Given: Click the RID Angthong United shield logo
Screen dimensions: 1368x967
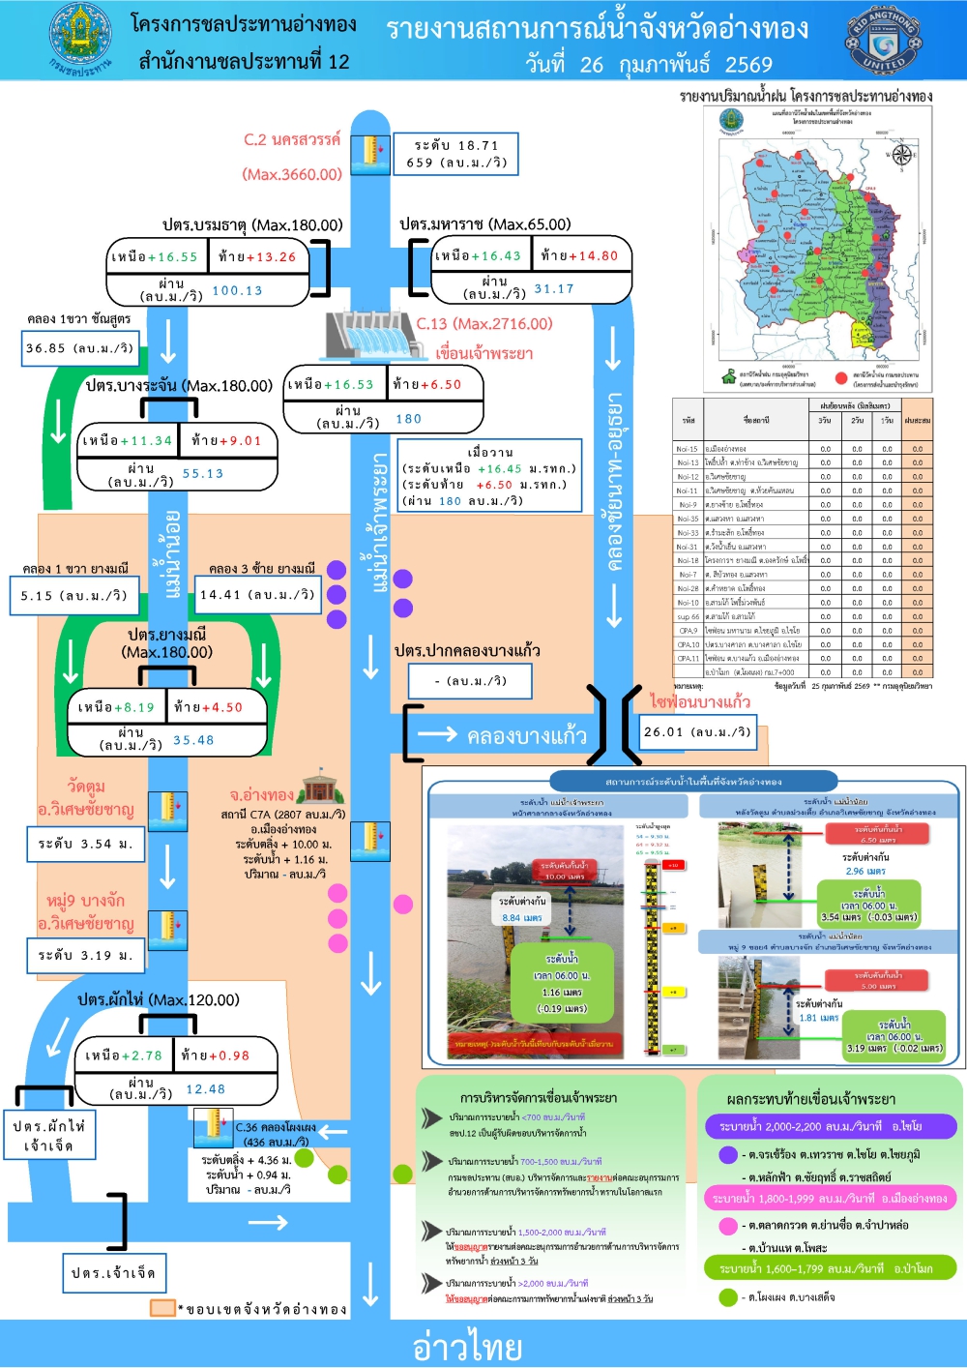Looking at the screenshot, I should [x=884, y=40].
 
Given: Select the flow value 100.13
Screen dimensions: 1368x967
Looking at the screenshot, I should [x=237, y=290].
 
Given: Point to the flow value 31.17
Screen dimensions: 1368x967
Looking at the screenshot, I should [x=554, y=288].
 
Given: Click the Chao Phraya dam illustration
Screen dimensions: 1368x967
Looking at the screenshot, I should [x=368, y=336].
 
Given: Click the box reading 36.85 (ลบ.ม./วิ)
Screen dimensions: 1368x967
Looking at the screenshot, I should [x=80, y=348].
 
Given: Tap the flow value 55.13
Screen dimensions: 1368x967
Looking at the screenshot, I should [x=203, y=473].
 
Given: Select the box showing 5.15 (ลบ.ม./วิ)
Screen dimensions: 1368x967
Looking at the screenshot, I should [x=73, y=595].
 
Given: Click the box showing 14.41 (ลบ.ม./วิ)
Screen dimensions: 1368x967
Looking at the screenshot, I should [x=257, y=594].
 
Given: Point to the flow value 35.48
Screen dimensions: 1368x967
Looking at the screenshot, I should [x=193, y=740].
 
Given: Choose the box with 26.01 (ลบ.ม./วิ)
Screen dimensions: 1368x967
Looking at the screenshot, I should [x=696, y=732].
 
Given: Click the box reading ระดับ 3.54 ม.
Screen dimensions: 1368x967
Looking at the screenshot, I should [x=85, y=844].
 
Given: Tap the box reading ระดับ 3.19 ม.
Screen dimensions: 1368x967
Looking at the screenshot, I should [x=85, y=955].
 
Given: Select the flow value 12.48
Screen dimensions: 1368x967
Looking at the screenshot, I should [x=205, y=1088].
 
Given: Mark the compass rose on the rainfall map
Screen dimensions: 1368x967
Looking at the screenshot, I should [x=901, y=155].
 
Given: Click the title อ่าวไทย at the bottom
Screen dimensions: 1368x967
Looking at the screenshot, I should [x=467, y=1346].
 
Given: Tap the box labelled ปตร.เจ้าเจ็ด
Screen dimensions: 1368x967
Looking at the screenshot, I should [x=113, y=1273].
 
